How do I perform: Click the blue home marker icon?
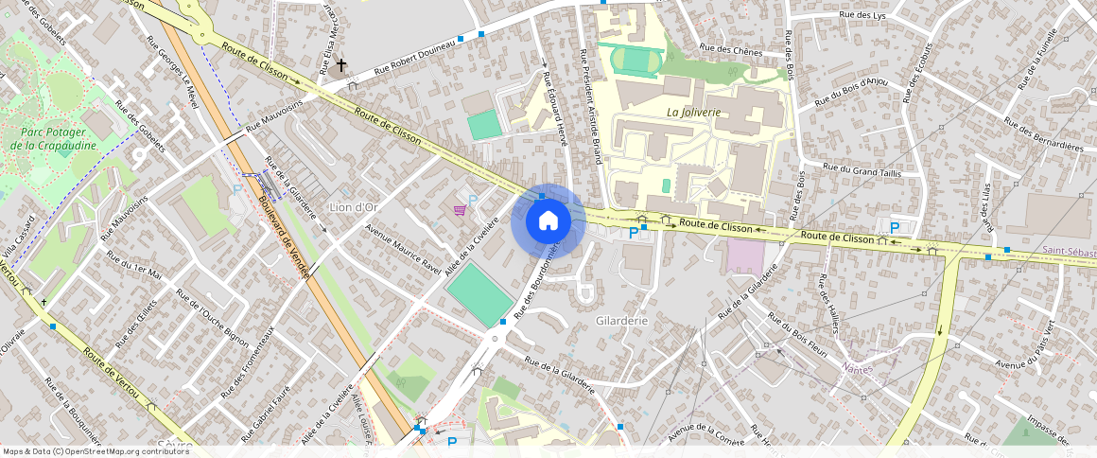click(548, 221)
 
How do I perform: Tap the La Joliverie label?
click(693, 112)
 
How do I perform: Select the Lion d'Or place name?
click(352, 206)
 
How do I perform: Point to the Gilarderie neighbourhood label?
click(621, 321)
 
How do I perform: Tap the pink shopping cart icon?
click(460, 209)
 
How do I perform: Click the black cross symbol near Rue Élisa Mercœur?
click(340, 65)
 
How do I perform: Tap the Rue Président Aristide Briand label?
click(590, 106)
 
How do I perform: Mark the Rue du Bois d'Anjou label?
click(851, 91)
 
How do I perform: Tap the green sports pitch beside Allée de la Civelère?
click(480, 295)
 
